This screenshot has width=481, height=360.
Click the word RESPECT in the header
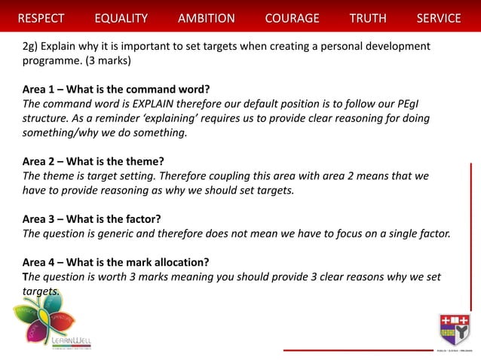pos(41,18)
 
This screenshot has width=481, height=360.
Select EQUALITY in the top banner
pos(121,18)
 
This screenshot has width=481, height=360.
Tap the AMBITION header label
pos(206,18)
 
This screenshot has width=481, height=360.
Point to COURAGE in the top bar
pos(292,18)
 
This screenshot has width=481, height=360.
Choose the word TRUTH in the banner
pos(368,18)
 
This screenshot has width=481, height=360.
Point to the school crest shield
pos(455,330)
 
